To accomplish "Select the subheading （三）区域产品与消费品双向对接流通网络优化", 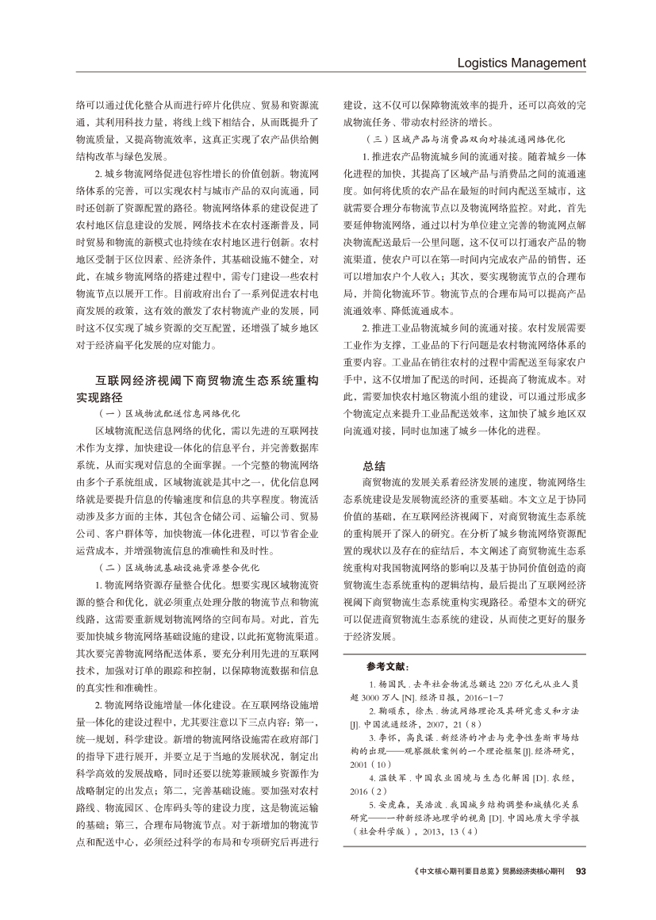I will click(x=458, y=138).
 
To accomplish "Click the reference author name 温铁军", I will click(x=393, y=756).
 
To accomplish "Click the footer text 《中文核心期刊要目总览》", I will click(x=457, y=871).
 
